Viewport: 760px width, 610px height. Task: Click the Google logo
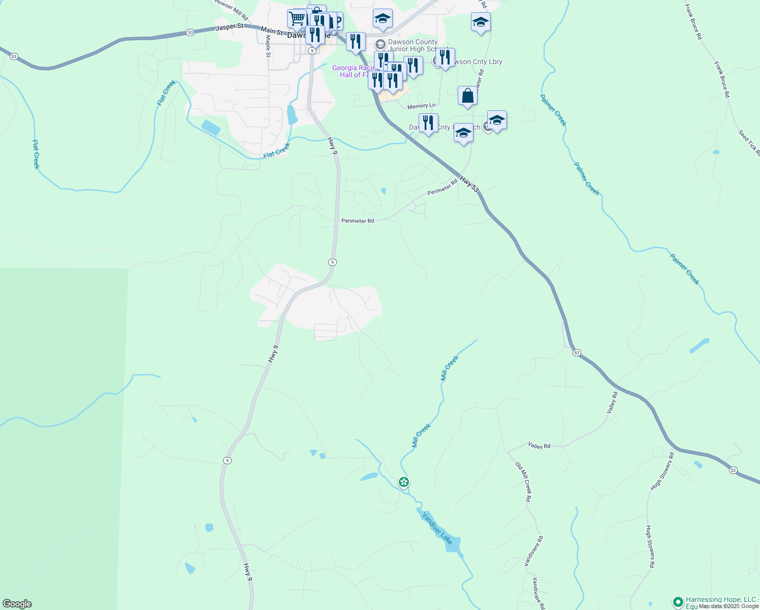[x=17, y=604]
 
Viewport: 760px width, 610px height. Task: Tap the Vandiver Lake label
[x=437, y=527]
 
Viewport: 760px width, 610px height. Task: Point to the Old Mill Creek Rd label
[x=523, y=482]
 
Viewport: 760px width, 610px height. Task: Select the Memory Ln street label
[x=421, y=106]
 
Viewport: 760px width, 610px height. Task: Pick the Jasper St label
[x=229, y=27]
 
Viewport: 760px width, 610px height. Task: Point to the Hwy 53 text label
[x=469, y=184]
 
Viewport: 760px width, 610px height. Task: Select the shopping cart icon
[x=297, y=19]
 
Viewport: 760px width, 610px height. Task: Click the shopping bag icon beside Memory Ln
[x=467, y=96]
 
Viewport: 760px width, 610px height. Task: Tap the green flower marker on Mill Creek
[x=404, y=481]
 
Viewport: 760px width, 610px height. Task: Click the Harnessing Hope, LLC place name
[x=721, y=600]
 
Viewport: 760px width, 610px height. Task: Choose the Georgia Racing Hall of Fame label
[x=353, y=71]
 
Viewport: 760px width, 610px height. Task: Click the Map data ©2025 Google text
[x=729, y=606]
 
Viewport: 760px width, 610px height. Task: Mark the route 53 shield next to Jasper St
[x=190, y=32]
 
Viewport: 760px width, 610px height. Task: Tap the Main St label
[x=272, y=32]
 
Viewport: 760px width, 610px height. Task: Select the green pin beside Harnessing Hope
[x=677, y=602]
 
